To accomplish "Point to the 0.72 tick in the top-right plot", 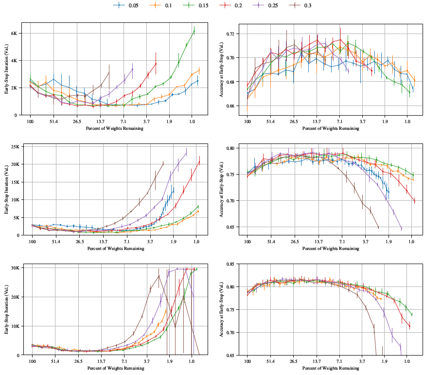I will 232,34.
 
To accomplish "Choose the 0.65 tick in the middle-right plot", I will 232,227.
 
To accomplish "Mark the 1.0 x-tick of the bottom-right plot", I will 407,361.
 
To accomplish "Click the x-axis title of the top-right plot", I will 331,128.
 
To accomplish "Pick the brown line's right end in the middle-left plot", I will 163,162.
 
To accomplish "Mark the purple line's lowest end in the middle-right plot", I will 401,229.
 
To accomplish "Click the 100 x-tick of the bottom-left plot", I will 32,361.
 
